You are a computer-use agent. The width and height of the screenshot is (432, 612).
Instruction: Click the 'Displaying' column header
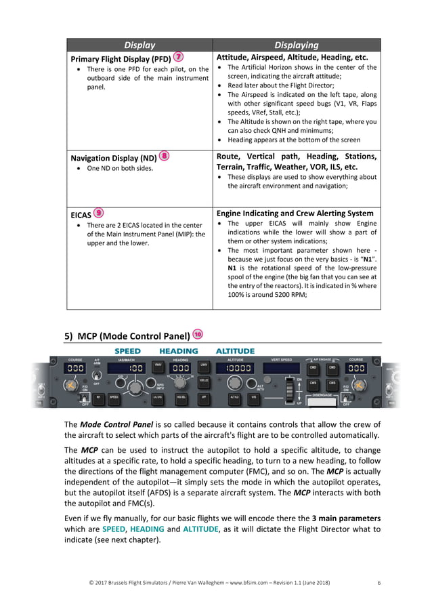[x=297, y=45]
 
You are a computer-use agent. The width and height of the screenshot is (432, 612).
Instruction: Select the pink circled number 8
[x=163, y=155]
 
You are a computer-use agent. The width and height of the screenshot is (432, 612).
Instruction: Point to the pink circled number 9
[x=99, y=211]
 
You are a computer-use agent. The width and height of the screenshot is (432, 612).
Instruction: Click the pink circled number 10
[x=198, y=333]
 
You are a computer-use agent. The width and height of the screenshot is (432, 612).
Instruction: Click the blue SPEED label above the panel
[x=128, y=351]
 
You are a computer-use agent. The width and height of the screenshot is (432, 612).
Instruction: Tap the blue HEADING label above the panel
[x=179, y=351]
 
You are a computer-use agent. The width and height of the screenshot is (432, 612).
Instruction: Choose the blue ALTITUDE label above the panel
[x=235, y=351]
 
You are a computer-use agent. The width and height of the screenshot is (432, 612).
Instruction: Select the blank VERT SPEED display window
[x=281, y=369]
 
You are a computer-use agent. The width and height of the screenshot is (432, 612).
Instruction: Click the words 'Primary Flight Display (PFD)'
[x=121, y=59]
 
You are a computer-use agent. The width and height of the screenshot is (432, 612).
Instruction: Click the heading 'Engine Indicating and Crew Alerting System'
[x=295, y=213]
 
